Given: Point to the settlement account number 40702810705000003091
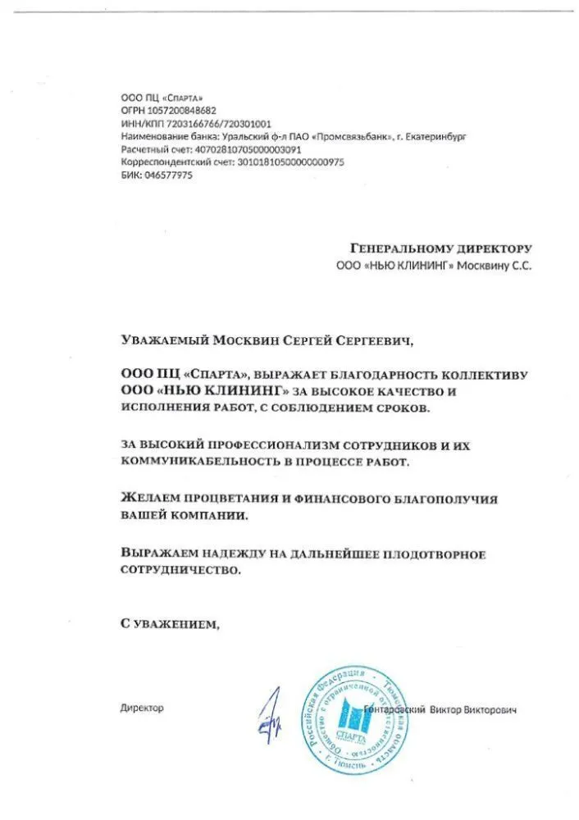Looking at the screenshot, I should [x=246, y=150].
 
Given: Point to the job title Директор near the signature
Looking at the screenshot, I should [x=142, y=708].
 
